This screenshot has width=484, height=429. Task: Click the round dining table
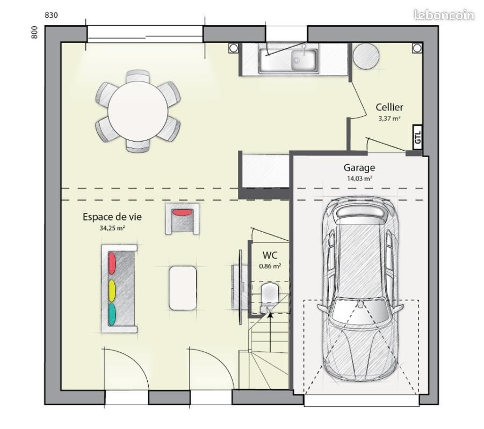click(138, 111)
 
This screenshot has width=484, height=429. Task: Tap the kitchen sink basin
click(304, 59)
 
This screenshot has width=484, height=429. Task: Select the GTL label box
click(417, 137)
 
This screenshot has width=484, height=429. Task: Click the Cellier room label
click(389, 107)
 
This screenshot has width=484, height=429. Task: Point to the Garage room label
click(359, 168)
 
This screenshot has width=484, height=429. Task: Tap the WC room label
click(270, 255)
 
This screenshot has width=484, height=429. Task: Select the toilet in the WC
click(269, 297)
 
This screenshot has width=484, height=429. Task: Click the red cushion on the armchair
click(182, 212)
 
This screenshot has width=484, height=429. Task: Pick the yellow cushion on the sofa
click(112, 290)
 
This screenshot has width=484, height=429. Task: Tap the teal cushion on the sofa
click(112, 314)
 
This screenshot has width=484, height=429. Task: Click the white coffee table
click(183, 288)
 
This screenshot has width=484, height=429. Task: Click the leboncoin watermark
click(444, 15)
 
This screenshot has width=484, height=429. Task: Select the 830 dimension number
click(51, 15)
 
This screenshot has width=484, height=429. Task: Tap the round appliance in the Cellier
click(366, 56)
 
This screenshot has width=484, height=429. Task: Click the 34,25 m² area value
click(112, 228)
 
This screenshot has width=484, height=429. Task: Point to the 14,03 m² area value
click(359, 179)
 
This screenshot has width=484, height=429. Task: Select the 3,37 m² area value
click(389, 119)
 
